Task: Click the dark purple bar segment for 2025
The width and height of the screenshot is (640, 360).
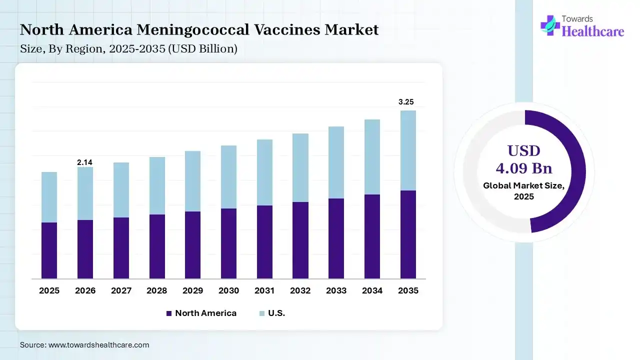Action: (49, 250)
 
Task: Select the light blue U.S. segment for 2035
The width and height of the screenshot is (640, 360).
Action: (408, 150)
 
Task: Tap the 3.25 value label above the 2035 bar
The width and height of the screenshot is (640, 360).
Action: (406, 102)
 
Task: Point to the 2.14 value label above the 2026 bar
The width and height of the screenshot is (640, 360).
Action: (84, 162)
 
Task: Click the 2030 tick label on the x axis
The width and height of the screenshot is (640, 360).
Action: (228, 290)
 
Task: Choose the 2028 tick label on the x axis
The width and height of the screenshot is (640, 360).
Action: (157, 290)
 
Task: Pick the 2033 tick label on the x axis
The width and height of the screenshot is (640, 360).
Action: (336, 290)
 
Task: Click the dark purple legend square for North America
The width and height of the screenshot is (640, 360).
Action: (168, 313)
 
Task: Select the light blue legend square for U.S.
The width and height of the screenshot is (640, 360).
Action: (261, 313)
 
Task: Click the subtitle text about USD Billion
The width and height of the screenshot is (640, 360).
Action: (128, 49)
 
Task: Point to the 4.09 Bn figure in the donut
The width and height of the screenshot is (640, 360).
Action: (524, 167)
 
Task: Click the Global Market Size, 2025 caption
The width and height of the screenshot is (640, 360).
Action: (524, 190)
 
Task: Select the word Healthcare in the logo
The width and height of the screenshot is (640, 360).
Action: (593, 31)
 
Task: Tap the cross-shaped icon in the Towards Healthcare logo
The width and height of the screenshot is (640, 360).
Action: (550, 25)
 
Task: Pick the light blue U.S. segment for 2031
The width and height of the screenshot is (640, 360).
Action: (264, 172)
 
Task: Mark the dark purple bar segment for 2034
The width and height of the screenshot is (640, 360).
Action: (372, 236)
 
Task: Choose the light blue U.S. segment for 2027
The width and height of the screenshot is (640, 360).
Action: (121, 190)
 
